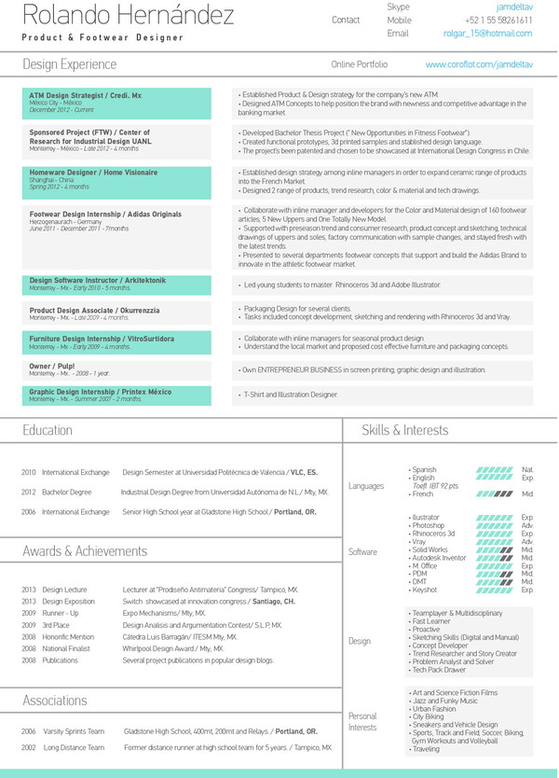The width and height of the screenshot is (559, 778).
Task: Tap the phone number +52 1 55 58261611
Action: point(499,20)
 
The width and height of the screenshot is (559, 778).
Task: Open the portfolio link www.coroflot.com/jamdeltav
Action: point(478,64)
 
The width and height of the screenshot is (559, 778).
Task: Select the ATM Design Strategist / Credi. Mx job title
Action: point(86,95)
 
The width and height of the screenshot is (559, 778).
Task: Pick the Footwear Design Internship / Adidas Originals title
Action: point(105,215)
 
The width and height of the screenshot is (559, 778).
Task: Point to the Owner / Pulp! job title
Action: point(52,367)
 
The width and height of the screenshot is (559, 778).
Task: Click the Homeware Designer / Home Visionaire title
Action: point(93,173)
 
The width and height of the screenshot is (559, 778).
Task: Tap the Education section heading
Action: point(48,430)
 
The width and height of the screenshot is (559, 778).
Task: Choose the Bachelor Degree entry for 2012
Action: point(67,492)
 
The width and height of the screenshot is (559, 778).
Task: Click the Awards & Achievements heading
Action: point(85,551)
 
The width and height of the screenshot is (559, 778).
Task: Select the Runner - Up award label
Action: point(61,613)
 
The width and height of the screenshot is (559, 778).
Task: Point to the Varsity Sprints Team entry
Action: point(74,732)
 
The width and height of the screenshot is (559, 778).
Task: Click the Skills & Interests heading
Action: point(404,430)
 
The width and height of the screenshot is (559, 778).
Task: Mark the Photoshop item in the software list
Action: point(429,525)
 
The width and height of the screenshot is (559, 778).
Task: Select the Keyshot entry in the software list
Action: point(425,590)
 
